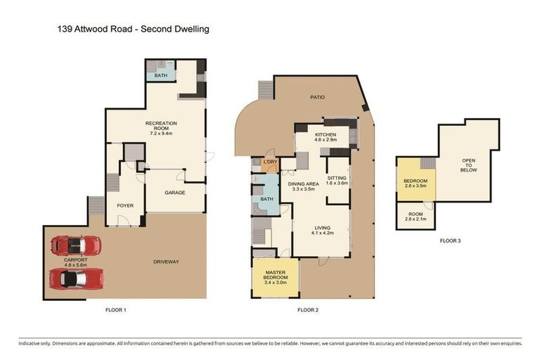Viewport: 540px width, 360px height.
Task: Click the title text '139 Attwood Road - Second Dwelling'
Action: click(133, 30)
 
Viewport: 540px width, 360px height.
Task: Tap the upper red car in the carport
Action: click(76, 245)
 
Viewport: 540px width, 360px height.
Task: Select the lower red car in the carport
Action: click(76, 278)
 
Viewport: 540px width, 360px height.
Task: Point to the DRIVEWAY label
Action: click(166, 262)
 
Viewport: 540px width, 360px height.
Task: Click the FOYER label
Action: click(125, 206)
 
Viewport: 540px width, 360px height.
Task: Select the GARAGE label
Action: click(174, 192)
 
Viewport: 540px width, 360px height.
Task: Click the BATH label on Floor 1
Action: click(161, 75)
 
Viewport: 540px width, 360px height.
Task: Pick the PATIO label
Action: click(318, 98)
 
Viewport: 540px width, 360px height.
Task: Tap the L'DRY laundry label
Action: click(271, 163)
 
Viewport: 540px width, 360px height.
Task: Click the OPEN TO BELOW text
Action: click(469, 165)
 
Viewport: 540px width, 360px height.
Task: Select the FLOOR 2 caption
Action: click(308, 310)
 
